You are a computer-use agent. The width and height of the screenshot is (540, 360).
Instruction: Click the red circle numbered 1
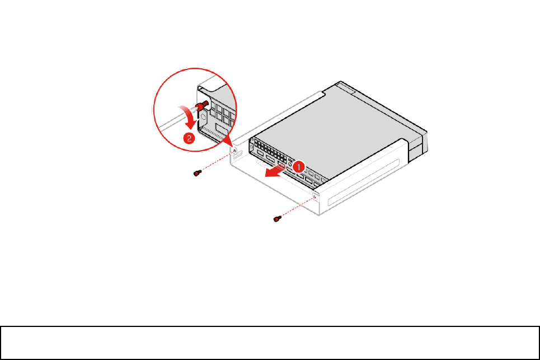click(x=299, y=167)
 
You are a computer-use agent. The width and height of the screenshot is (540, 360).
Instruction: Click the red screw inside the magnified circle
click(x=202, y=105)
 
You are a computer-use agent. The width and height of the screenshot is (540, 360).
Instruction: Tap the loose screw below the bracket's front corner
click(x=276, y=219)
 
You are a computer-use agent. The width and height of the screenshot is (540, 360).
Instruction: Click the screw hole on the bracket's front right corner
click(x=315, y=195)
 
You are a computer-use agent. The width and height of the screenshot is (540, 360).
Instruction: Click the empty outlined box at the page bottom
click(x=270, y=343)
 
